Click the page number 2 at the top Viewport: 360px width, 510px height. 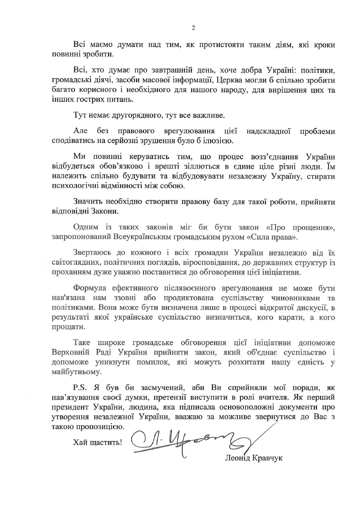(193, 28)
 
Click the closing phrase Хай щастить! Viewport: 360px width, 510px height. (98, 442)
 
